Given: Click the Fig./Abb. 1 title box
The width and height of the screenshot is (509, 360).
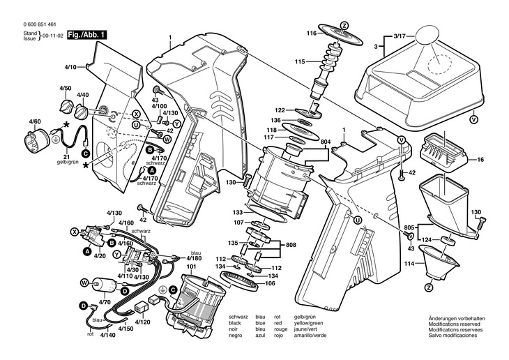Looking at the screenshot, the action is click(x=86, y=35).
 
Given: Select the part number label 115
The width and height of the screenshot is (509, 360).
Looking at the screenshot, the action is click(x=300, y=61).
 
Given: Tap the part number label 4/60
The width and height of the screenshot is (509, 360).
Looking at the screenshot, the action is click(x=35, y=122).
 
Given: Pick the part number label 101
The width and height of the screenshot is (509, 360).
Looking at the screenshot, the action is click(x=192, y=267).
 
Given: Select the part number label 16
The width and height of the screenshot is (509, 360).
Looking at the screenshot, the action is click(x=480, y=160).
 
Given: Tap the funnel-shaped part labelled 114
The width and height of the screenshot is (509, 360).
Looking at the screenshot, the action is click(x=439, y=262).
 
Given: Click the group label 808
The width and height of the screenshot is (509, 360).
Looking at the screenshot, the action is click(x=291, y=245).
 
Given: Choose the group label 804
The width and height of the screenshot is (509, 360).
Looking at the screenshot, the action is click(x=326, y=142).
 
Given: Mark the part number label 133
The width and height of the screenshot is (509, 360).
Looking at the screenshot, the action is click(x=238, y=213).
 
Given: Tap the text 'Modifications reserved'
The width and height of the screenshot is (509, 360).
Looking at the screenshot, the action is click(x=454, y=324).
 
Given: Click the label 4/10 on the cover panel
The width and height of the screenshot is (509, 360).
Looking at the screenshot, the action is click(x=70, y=68).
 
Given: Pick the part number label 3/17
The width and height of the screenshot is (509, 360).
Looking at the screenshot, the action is click(x=400, y=37).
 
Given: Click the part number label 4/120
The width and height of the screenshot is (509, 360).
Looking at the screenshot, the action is click(x=142, y=322).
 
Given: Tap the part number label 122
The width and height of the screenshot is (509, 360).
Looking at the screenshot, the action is click(x=280, y=110).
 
